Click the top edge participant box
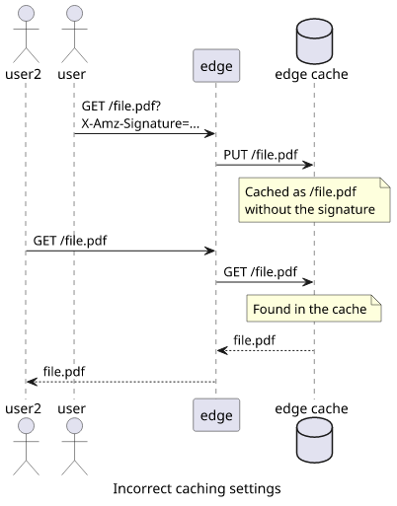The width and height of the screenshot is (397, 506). (216, 66)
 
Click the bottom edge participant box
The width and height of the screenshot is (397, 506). (216, 415)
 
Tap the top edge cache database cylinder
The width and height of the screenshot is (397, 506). (314, 41)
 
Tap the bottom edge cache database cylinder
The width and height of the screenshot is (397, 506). (314, 441)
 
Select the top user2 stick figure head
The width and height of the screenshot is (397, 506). (26, 13)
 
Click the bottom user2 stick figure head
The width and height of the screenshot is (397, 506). (26, 426)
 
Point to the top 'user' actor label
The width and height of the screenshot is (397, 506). (71, 75)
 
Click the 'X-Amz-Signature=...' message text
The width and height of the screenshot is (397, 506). (140, 123)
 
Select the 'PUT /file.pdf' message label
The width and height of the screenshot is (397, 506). (261, 155)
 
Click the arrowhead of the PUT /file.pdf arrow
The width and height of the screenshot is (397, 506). (308, 165)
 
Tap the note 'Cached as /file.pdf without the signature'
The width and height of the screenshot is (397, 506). (314, 200)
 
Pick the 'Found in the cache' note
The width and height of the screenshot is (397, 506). (314, 309)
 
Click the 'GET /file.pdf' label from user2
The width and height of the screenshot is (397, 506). (70, 241)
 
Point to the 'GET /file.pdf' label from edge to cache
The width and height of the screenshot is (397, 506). (261, 272)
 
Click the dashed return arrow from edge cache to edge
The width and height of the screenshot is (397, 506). (266, 350)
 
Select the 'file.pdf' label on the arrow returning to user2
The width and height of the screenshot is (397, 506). (64, 372)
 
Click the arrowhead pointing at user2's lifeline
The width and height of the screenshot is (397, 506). (32, 382)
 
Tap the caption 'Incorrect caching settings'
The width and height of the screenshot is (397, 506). (197, 488)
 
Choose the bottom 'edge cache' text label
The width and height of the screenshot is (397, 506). (311, 408)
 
